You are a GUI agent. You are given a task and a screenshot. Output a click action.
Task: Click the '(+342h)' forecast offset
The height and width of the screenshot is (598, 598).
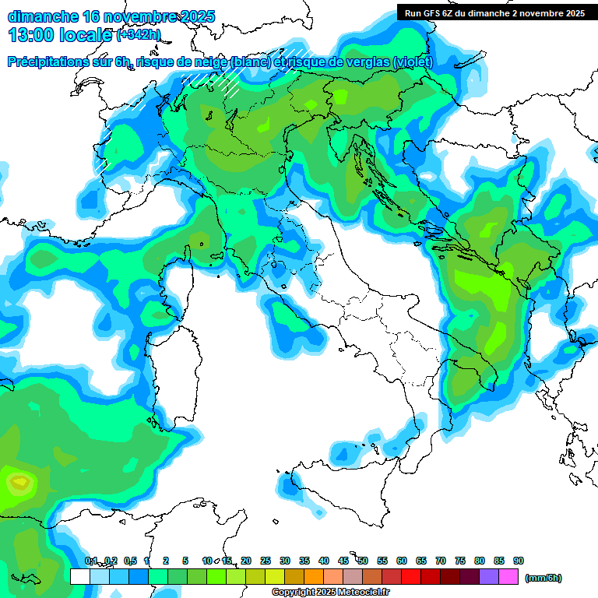(x=139, y=35)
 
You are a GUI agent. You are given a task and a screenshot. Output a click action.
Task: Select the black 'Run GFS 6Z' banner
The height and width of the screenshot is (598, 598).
(x=494, y=13)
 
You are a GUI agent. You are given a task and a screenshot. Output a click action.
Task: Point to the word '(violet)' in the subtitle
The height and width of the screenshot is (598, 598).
(x=413, y=62)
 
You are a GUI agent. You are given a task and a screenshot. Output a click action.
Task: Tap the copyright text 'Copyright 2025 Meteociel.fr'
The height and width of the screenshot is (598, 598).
(x=330, y=593)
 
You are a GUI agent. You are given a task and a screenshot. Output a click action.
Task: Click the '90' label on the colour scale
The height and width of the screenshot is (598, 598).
(x=519, y=561)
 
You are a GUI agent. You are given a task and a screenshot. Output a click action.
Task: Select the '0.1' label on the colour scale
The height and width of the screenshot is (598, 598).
(x=90, y=561)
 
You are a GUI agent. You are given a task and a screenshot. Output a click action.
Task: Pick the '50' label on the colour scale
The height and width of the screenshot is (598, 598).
(x=363, y=561)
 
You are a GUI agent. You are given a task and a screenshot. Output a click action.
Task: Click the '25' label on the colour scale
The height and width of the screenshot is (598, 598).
(x=266, y=561)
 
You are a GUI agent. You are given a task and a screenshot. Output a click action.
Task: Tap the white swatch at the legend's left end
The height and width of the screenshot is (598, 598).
(x=79, y=576)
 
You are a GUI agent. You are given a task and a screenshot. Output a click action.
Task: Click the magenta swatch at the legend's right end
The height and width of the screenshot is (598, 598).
(x=508, y=576)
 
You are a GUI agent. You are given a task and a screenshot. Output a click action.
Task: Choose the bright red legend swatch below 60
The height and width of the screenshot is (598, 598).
(x=411, y=576)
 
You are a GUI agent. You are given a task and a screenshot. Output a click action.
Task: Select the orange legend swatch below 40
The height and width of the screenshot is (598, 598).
(x=314, y=576)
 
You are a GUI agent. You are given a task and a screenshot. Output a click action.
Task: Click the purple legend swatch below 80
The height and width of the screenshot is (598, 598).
(x=489, y=576)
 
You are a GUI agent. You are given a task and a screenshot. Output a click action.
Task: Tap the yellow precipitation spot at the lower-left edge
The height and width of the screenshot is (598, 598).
(x=17, y=482)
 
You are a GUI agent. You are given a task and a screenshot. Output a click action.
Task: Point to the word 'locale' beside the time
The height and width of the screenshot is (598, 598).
(x=86, y=34)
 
